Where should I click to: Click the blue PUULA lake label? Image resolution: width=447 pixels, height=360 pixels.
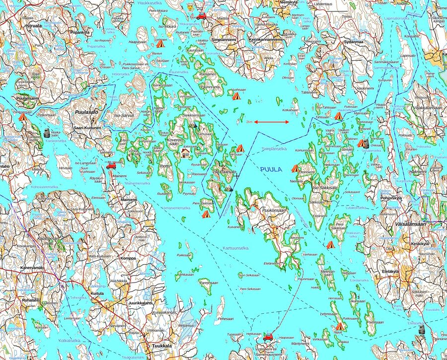point(271,169)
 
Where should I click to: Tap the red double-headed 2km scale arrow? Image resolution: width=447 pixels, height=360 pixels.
point(272,122)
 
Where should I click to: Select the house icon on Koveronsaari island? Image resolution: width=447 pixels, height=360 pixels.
point(186,153)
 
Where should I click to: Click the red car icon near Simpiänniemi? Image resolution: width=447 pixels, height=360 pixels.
point(202,16)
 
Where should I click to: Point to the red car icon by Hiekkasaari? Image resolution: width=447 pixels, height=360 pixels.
point(268,336)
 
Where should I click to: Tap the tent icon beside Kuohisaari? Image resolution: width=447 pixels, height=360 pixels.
point(236,96)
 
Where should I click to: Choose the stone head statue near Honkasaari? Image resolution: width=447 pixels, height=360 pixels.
point(47,132)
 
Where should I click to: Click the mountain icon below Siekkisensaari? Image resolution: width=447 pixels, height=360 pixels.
point(193,126)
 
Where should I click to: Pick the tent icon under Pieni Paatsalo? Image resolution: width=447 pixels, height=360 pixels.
point(206,214)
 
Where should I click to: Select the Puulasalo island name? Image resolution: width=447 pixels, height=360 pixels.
point(86,113)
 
